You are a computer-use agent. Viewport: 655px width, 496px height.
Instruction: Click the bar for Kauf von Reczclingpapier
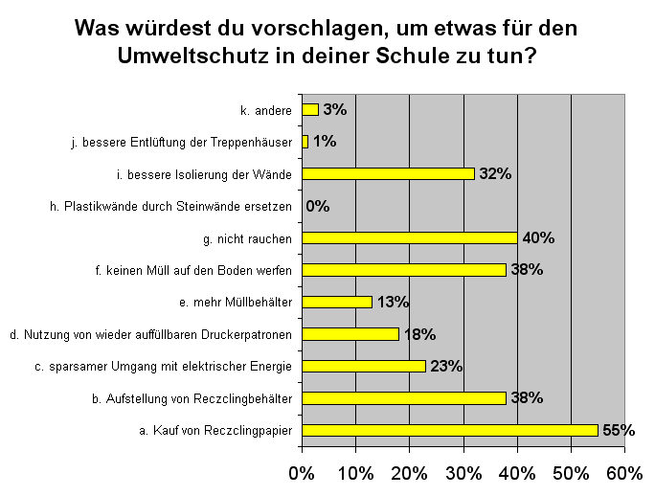[450, 430]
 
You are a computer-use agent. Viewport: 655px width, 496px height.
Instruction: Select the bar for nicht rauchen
[410, 237]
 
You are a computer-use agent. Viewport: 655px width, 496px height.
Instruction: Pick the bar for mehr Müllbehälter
[336, 302]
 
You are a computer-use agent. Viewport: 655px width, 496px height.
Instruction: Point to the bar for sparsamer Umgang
[363, 366]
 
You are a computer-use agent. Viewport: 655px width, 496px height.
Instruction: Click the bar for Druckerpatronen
[350, 334]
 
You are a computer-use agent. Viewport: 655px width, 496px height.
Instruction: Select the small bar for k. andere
[309, 109]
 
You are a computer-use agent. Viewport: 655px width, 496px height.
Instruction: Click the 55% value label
[618, 430]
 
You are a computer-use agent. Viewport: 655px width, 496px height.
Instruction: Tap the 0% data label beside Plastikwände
[318, 206]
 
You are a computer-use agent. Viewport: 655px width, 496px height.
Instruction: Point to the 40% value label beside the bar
[538, 237]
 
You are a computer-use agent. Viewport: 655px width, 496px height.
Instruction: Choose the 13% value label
[392, 302]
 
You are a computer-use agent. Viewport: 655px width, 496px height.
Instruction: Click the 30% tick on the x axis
[463, 473]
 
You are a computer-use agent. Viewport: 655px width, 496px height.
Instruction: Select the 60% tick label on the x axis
[624, 473]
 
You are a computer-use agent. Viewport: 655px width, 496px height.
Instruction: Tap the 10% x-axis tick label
[355, 473]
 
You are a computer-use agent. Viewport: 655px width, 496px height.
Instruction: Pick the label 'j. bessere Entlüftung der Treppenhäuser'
[182, 142]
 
